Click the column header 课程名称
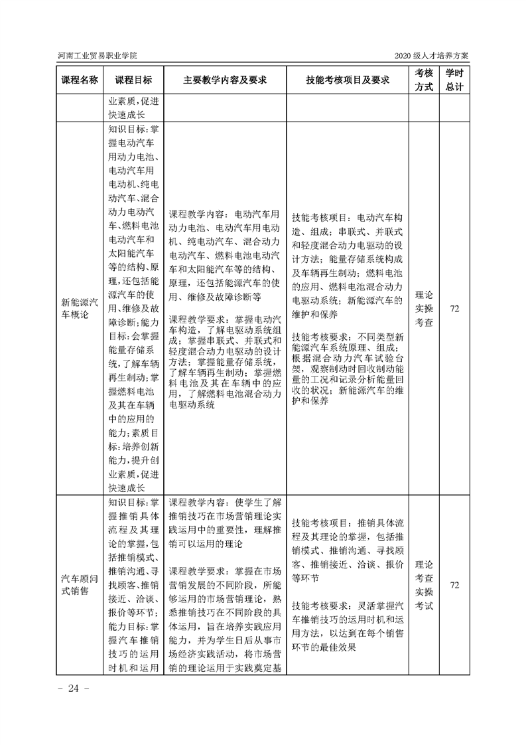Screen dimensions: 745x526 point(80,80)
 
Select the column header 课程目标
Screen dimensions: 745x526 point(133,80)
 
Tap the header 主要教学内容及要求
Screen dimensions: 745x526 point(225,80)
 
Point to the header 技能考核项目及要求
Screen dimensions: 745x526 point(348,80)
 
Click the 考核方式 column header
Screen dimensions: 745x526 point(424,80)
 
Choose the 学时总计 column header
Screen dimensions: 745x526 point(454,80)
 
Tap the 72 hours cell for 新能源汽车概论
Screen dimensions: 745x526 point(454,309)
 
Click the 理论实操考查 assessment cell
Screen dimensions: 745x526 point(424,309)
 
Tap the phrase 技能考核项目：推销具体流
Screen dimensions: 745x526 point(348,522)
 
